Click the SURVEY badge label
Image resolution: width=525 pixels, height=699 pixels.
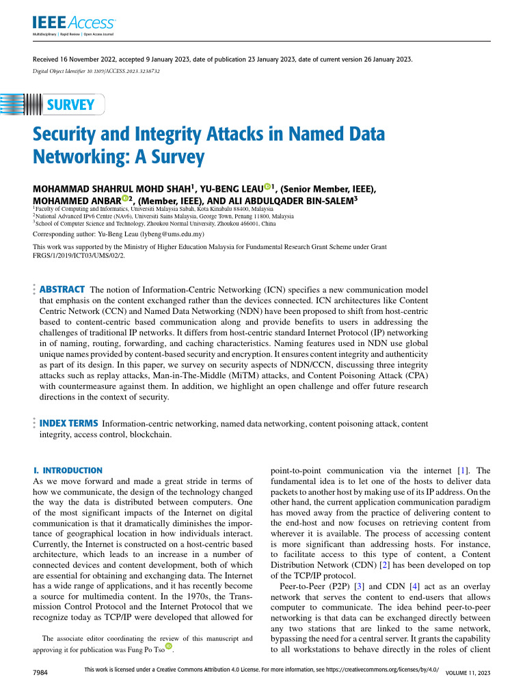pyautogui.click(x=70, y=105)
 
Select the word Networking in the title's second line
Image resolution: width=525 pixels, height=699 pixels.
pyautogui.click(x=73, y=158)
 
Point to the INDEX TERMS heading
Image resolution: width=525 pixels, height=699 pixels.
pyautogui.click(x=69, y=424)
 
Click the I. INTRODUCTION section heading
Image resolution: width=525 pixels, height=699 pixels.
pyautogui.click(x=68, y=471)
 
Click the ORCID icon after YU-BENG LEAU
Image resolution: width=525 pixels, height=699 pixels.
pyautogui.click(x=267, y=186)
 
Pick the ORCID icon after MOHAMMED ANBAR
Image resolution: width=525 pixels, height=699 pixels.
pyautogui.click(x=125, y=198)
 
